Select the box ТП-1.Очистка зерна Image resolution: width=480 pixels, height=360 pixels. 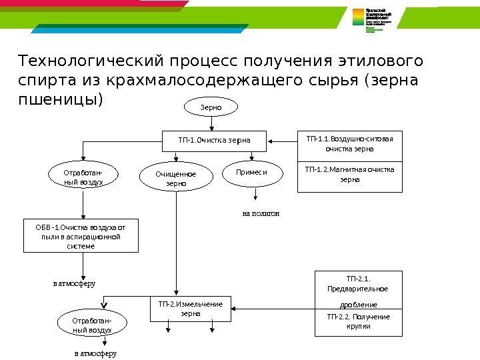[x=214, y=141]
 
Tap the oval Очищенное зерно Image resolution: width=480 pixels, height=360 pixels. [x=176, y=178]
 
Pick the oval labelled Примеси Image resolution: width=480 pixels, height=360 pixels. [x=252, y=172]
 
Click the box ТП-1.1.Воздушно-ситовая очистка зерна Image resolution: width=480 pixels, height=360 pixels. [x=350, y=145]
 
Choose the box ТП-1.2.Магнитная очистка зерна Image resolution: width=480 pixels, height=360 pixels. [x=350, y=175]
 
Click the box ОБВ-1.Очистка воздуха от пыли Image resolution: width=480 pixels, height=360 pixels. [x=81, y=236]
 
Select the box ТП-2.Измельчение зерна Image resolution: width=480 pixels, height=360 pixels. [x=190, y=309]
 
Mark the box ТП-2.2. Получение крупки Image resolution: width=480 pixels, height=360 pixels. [x=358, y=321]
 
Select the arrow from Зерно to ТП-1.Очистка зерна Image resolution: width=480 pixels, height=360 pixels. [x=212, y=123]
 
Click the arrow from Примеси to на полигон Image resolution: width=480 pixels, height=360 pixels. [x=254, y=193]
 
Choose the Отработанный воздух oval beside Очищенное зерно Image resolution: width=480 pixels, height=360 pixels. [x=83, y=177]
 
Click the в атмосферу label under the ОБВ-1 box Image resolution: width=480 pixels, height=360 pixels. [x=74, y=283]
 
